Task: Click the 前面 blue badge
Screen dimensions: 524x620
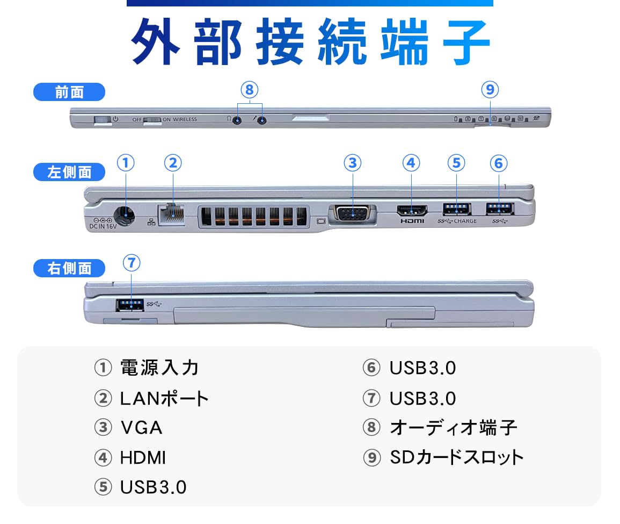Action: click(x=69, y=92)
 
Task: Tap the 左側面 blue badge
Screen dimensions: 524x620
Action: click(x=69, y=172)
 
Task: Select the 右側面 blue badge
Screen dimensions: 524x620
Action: click(x=69, y=268)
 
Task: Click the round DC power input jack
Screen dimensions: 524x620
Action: click(x=125, y=216)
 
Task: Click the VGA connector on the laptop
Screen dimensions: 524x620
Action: click(x=352, y=213)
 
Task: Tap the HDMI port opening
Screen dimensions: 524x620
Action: click(x=411, y=210)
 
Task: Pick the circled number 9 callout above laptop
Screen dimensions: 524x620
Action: click(x=490, y=89)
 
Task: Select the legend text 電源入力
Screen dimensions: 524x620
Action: click(x=159, y=368)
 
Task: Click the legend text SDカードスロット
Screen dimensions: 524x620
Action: click(x=456, y=457)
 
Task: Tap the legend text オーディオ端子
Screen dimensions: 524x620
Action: click(x=453, y=428)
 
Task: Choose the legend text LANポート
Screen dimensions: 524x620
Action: click(x=164, y=398)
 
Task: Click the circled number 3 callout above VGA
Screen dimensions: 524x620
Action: click(x=352, y=162)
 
